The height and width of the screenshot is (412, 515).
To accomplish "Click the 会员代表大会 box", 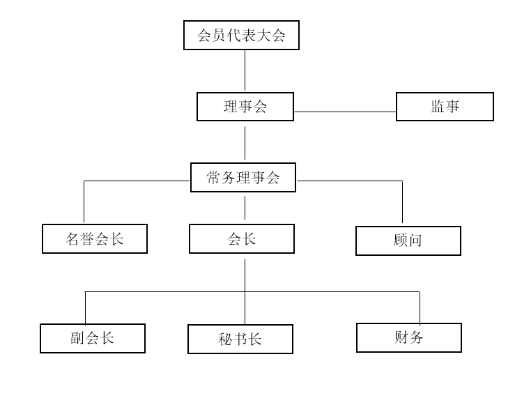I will point(241,36).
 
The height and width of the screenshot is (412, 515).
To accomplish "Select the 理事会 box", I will point(245,107).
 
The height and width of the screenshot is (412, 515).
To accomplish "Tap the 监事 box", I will point(445,107).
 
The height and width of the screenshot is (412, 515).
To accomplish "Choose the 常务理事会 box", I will point(243,177).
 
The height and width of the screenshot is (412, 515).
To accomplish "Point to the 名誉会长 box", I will point(95,238).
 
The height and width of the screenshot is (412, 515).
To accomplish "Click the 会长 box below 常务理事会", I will point(242,238).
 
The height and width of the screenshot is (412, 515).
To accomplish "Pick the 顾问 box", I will point(408,241).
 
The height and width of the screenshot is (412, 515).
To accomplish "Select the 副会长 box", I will point(93,338).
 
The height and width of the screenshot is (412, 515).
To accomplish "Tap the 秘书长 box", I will point(240,339).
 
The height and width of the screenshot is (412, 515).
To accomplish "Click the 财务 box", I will point(409,337).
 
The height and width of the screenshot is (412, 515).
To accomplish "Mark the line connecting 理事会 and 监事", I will point(345,112).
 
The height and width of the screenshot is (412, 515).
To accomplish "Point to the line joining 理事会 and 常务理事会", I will point(245,142).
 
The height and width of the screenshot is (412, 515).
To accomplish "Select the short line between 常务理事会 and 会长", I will point(245,208).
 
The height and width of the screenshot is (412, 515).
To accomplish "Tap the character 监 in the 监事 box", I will point(438,107).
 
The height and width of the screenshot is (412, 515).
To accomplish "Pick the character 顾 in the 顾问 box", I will point(401,241).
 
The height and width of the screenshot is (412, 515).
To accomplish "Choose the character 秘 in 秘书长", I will point(225,339).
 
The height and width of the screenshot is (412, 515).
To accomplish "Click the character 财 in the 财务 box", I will point(401,337).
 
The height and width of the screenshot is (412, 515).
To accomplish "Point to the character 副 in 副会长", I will point(77,338).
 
